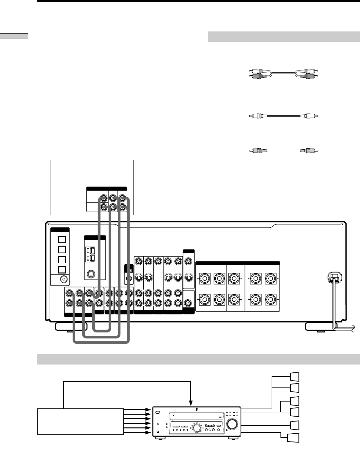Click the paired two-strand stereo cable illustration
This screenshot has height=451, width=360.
[283, 73]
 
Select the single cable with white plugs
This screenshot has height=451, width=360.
[283, 116]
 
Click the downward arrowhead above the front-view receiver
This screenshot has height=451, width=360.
[190, 403]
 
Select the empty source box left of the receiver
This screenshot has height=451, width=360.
[81, 421]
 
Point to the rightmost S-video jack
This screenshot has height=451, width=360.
[188, 278]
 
